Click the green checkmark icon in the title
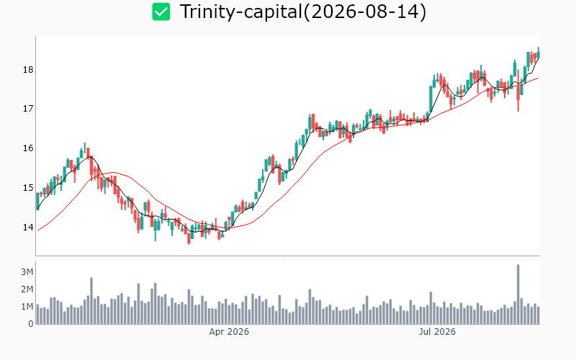[161, 12]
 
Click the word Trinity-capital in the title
[240, 12]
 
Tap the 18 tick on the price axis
[28, 69]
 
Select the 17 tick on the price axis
[28, 109]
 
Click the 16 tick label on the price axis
[28, 148]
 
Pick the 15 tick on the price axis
[28, 188]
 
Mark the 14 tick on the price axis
[28, 227]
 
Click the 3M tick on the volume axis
[27, 272]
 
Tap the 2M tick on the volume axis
[27, 289]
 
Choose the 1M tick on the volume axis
[27, 307]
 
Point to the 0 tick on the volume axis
[31, 323]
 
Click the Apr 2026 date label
[229, 332]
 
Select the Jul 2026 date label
[437, 332]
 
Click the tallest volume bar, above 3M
[518, 294]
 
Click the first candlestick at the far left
[37, 202]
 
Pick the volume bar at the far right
[539, 315]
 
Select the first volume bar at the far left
[37, 314]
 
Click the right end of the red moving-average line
[539, 78]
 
